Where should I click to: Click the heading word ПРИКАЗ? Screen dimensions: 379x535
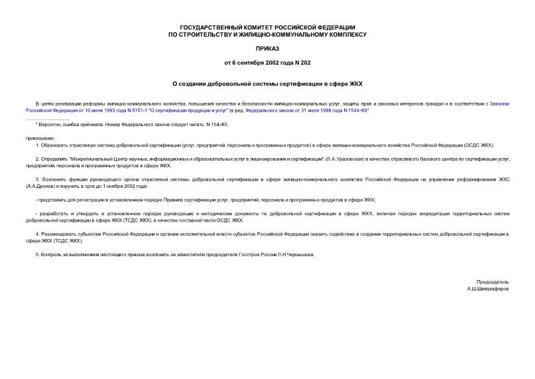pos(267,48)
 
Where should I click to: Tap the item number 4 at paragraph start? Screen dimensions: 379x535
pos(36,234)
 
